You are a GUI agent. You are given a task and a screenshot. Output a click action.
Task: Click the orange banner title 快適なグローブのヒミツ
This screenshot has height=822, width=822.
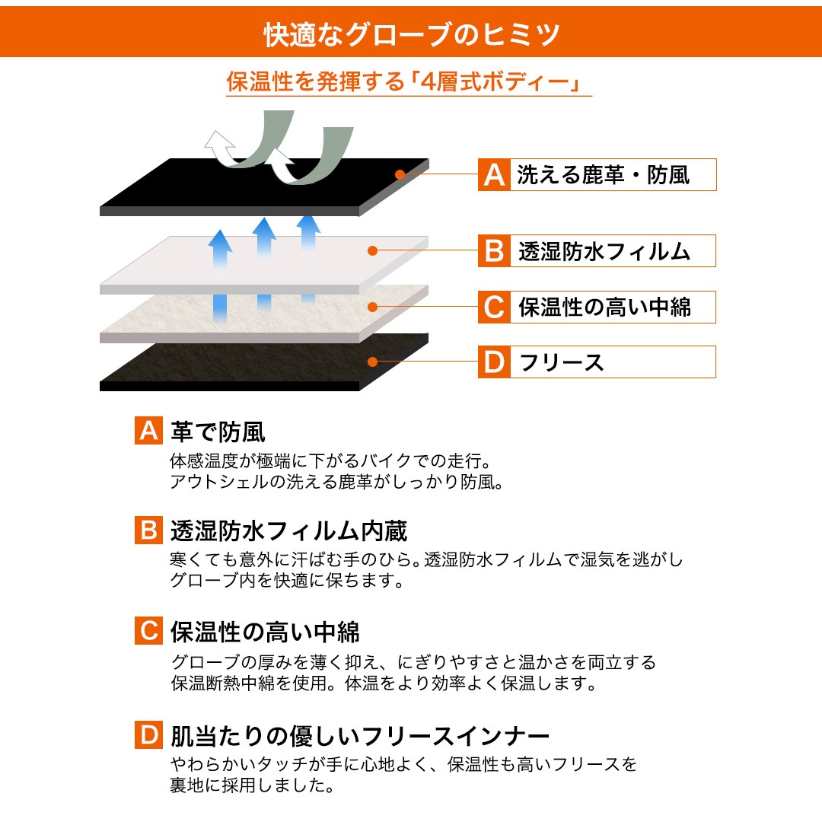pos(412,34)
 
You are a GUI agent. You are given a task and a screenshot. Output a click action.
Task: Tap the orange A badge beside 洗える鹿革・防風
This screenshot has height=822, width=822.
pos(494,174)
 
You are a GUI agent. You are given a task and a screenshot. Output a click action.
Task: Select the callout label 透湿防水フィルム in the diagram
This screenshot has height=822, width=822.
pos(604,252)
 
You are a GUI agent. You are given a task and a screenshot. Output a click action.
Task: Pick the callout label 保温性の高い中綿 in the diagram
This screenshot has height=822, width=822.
pos(604,307)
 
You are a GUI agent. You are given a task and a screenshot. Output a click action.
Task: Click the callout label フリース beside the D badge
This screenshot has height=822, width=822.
pos(561,362)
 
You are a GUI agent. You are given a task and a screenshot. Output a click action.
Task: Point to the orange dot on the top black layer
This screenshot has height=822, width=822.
pos(400,174)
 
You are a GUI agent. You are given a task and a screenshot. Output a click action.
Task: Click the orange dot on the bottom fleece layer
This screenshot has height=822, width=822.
pos(373,362)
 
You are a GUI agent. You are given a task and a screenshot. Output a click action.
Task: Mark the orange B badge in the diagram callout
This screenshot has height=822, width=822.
pos(494,251)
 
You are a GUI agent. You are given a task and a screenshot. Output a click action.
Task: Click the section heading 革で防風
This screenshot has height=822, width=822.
pos(218,432)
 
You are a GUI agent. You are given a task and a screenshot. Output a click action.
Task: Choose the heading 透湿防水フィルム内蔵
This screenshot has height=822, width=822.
pos(289,531)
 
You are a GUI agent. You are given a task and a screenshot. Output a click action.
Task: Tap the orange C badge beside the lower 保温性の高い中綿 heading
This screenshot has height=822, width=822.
pos(148,631)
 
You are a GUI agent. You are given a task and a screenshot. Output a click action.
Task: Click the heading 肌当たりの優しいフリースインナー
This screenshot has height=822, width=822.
pos(359,735)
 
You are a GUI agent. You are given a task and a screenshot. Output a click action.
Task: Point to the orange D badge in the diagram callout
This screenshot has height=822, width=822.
pos(494,362)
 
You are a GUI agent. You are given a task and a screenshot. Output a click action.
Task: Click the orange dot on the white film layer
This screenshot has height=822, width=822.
pos(373,251)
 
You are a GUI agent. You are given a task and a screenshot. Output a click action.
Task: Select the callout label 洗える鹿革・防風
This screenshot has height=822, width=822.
pos(604,175)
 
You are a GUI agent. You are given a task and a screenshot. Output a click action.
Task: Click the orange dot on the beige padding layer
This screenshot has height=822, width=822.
pos(373,307)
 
